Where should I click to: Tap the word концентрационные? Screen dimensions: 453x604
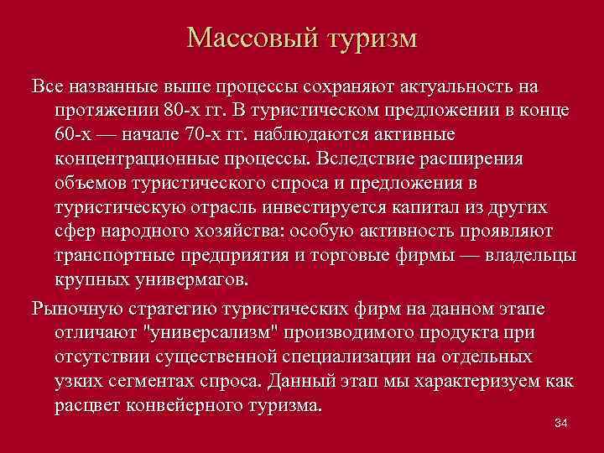142,159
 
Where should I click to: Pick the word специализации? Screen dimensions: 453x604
383,357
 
